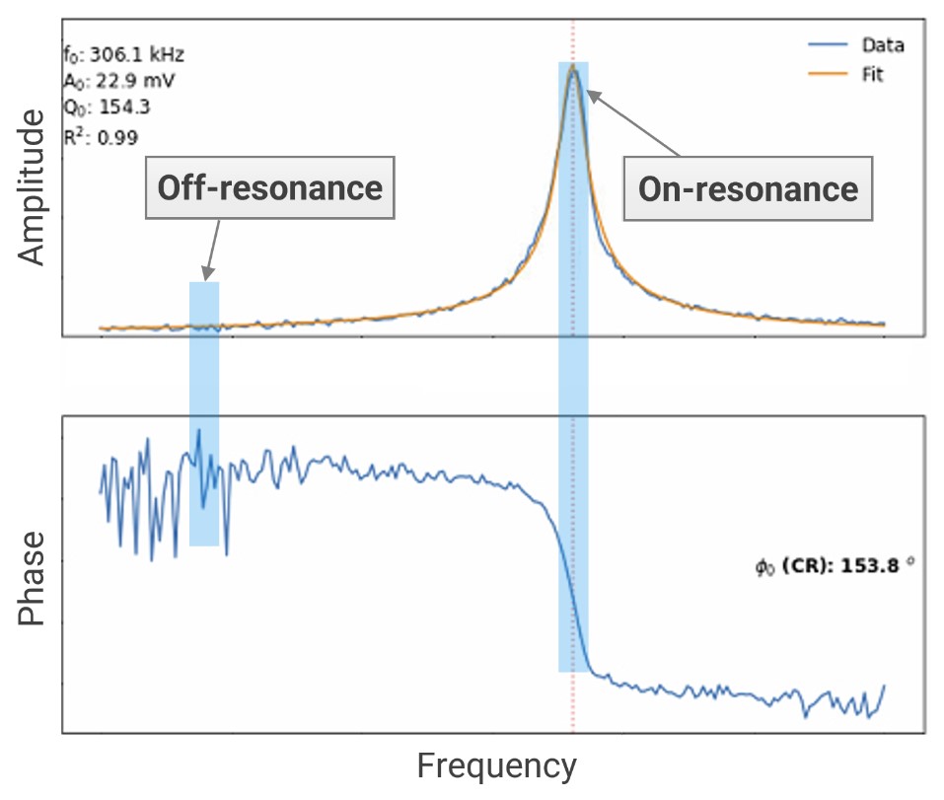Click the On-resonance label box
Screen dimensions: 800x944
pyautogui.click(x=748, y=188)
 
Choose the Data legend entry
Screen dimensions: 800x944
pyautogui.click(x=882, y=45)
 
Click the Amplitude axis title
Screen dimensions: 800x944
pyautogui.click(x=33, y=188)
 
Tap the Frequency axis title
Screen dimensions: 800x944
pyautogui.click(x=496, y=765)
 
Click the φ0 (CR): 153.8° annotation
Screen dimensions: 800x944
pyautogui.click(x=835, y=566)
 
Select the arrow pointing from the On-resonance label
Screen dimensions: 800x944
pyautogui.click(x=632, y=122)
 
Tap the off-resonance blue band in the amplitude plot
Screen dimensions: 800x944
pyautogui.click(x=204, y=306)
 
